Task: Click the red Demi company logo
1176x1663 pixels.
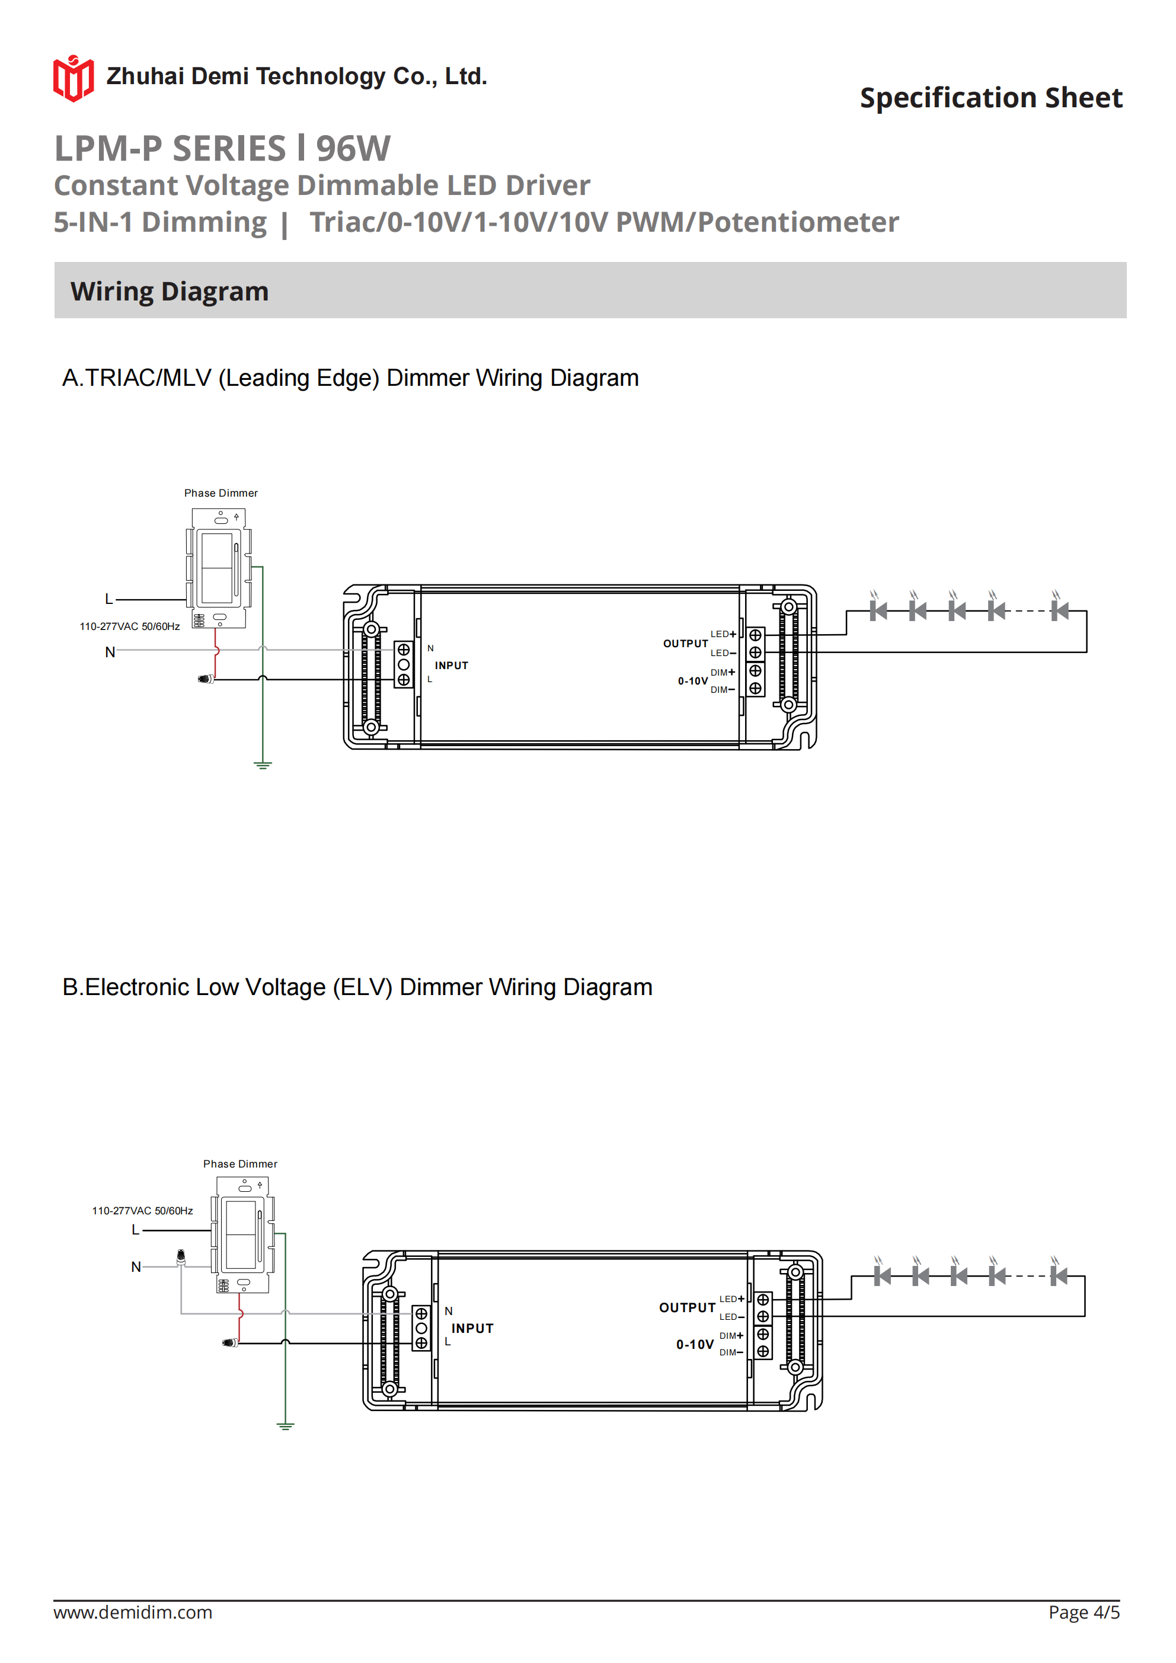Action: (x=73, y=78)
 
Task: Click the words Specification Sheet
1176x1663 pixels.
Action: (x=990, y=98)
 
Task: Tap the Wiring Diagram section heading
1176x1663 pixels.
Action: (x=170, y=291)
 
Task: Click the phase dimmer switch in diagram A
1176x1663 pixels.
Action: (x=219, y=568)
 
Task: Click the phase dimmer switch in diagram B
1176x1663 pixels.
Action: (x=244, y=1235)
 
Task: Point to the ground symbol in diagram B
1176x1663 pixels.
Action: (x=286, y=1426)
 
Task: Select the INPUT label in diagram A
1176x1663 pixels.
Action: (x=452, y=666)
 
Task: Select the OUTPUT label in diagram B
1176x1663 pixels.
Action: (x=687, y=1307)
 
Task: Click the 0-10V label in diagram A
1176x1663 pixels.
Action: (x=693, y=681)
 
